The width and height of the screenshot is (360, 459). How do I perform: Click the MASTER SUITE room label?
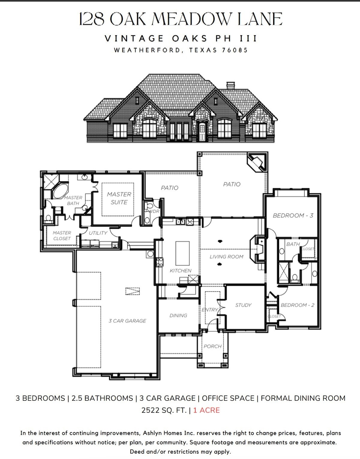[119, 198]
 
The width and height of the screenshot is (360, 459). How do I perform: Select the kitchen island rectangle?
[182, 253]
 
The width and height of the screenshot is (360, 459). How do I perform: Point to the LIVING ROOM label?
[226, 257]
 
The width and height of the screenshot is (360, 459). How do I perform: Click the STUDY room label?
[243, 305]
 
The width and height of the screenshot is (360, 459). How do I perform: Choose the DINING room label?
[178, 315]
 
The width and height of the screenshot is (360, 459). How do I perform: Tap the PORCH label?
[213, 346]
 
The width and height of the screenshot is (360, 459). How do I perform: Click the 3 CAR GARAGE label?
[127, 321]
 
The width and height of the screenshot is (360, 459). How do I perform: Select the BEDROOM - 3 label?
[293, 215]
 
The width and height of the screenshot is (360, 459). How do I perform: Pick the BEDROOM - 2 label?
[297, 305]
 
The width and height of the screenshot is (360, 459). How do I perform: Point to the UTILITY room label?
[98, 233]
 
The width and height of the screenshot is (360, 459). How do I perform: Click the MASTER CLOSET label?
[62, 236]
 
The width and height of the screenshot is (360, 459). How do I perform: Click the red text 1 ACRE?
[207, 410]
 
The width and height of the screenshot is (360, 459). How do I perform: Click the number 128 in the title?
[92, 19]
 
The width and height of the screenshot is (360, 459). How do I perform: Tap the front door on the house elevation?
[202, 132]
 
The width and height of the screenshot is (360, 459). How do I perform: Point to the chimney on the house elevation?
[231, 85]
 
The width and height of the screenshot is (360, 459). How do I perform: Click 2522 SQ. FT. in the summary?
[164, 410]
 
